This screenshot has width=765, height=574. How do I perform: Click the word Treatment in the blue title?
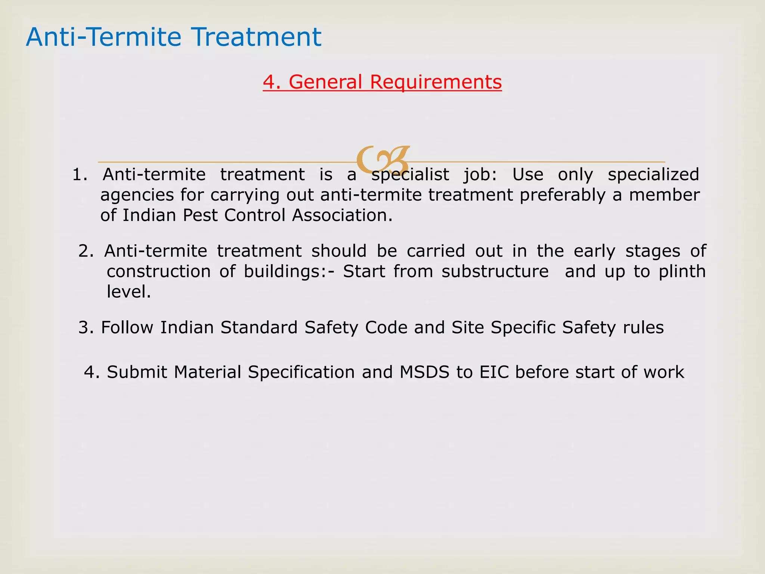tap(257, 37)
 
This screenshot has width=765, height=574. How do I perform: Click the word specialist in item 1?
tap(410, 175)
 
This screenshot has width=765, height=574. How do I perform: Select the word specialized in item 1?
tap(653, 175)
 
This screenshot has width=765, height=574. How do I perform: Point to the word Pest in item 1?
tap(200, 215)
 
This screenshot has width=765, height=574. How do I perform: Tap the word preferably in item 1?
tap(562, 195)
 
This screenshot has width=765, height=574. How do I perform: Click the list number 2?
tap(85, 251)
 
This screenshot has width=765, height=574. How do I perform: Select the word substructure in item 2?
tap(495, 271)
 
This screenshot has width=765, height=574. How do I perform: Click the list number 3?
tap(85, 328)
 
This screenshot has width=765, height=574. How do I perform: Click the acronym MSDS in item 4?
tap(424, 372)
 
